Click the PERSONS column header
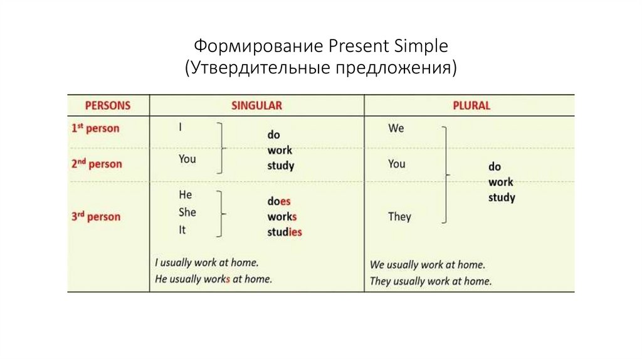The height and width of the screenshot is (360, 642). [107, 105]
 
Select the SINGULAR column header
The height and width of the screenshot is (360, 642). [256, 105]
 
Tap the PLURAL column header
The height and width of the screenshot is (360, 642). [471, 105]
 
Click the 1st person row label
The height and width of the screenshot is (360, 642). [95, 128]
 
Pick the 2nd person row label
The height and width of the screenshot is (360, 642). [96, 164]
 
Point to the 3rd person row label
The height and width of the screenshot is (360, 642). [95, 217]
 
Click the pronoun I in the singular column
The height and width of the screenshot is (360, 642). [181, 127]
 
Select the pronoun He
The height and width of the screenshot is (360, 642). [185, 195]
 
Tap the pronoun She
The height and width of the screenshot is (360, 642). [187, 212]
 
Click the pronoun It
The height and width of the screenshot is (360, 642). [182, 230]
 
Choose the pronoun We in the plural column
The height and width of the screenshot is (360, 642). [396, 128]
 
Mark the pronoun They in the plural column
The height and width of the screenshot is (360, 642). [399, 216]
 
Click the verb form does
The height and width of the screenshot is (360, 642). [279, 201]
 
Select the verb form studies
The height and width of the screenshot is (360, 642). [285, 232]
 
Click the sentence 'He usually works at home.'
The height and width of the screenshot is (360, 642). [213, 279]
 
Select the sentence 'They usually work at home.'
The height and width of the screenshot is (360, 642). [431, 281]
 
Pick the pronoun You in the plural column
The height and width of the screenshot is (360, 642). [396, 164]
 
